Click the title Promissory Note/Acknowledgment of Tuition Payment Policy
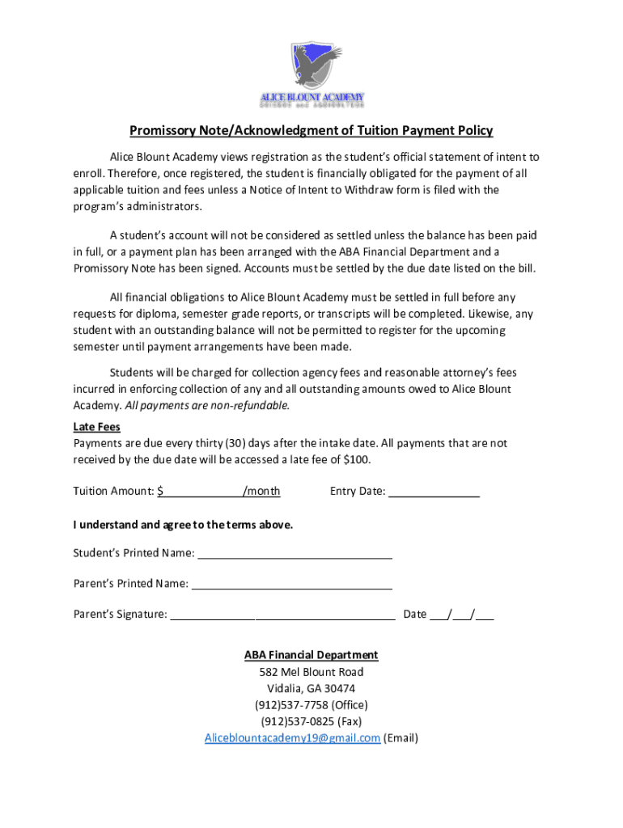[x=311, y=131]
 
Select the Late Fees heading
[x=96, y=427]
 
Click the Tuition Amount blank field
[x=203, y=491]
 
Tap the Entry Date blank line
[x=434, y=491]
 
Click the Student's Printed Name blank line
[x=295, y=553]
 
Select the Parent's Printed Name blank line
[x=291, y=584]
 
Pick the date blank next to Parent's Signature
[x=461, y=615]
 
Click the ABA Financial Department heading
[x=311, y=655]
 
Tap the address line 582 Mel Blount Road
[x=311, y=672]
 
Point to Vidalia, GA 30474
[x=311, y=689]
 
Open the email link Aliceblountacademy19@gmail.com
[x=292, y=738]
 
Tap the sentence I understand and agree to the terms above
[x=183, y=525]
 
